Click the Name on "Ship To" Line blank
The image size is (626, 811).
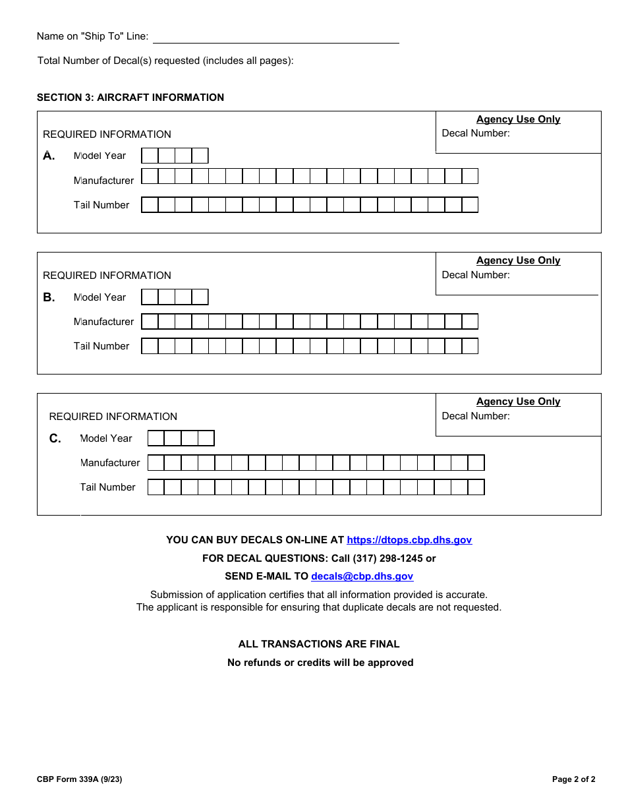click(x=275, y=37)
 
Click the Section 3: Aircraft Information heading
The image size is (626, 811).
click(x=130, y=98)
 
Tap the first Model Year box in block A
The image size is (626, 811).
click(x=150, y=156)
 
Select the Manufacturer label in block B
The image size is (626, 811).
click(x=103, y=322)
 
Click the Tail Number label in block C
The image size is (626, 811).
click(x=107, y=487)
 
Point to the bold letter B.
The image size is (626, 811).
click(x=49, y=297)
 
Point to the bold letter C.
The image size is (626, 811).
click(x=55, y=438)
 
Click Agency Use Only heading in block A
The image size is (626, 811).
click(x=518, y=119)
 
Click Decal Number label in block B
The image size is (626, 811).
click(x=476, y=275)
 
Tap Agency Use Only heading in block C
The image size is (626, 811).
click(x=518, y=402)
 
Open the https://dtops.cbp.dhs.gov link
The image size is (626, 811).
click(x=409, y=540)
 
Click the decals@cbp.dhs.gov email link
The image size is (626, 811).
click(x=362, y=576)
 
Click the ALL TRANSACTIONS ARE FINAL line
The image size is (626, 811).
click(x=319, y=644)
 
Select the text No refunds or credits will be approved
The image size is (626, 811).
click(x=320, y=663)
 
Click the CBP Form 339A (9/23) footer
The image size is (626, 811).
click(x=79, y=779)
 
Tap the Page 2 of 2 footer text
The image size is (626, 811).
click(x=573, y=779)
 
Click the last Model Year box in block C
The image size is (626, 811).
click(x=206, y=438)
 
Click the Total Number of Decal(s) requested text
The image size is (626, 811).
click(x=165, y=61)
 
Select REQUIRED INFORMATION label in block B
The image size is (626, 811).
click(x=107, y=276)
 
